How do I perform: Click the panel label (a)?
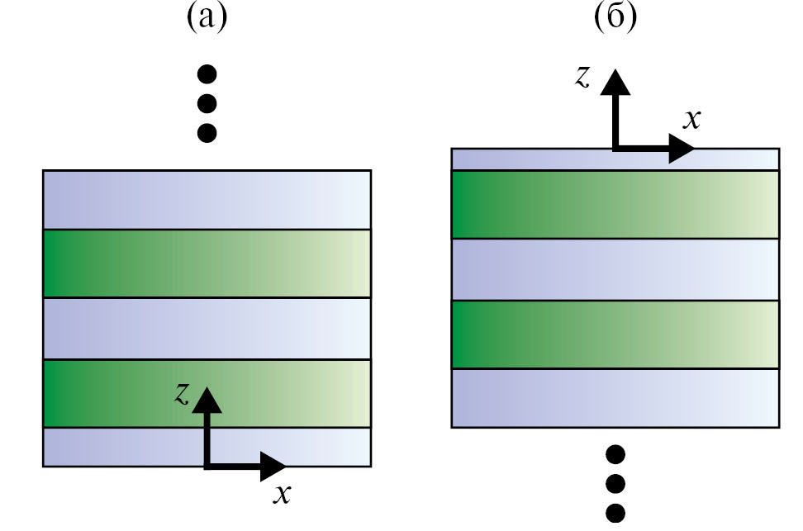coord(206,17)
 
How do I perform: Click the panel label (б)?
coord(615,17)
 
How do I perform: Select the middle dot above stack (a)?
coord(207,104)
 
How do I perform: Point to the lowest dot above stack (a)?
coord(207,132)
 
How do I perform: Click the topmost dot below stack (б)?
coord(615,454)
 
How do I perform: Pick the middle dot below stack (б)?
coord(615,483)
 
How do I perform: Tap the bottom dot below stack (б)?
coord(615,512)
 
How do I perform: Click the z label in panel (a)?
coord(182,393)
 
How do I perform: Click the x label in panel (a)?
coord(282,494)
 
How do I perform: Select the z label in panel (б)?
coord(584,77)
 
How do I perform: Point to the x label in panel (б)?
coord(692,119)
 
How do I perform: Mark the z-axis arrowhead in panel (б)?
coord(614,83)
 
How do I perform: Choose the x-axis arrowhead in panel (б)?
coord(682,149)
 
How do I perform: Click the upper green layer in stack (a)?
coord(207,263)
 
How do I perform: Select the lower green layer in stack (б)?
coord(615,334)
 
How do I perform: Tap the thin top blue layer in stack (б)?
coord(529,159)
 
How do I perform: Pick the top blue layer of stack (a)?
coord(207,200)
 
